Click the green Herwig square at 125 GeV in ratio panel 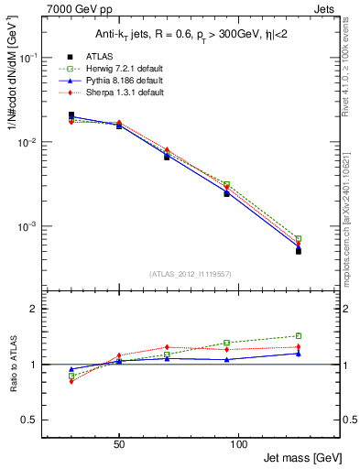(298, 335)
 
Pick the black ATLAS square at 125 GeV (298, 250)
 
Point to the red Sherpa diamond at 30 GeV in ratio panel (71, 381)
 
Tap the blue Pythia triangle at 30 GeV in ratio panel (71, 369)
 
